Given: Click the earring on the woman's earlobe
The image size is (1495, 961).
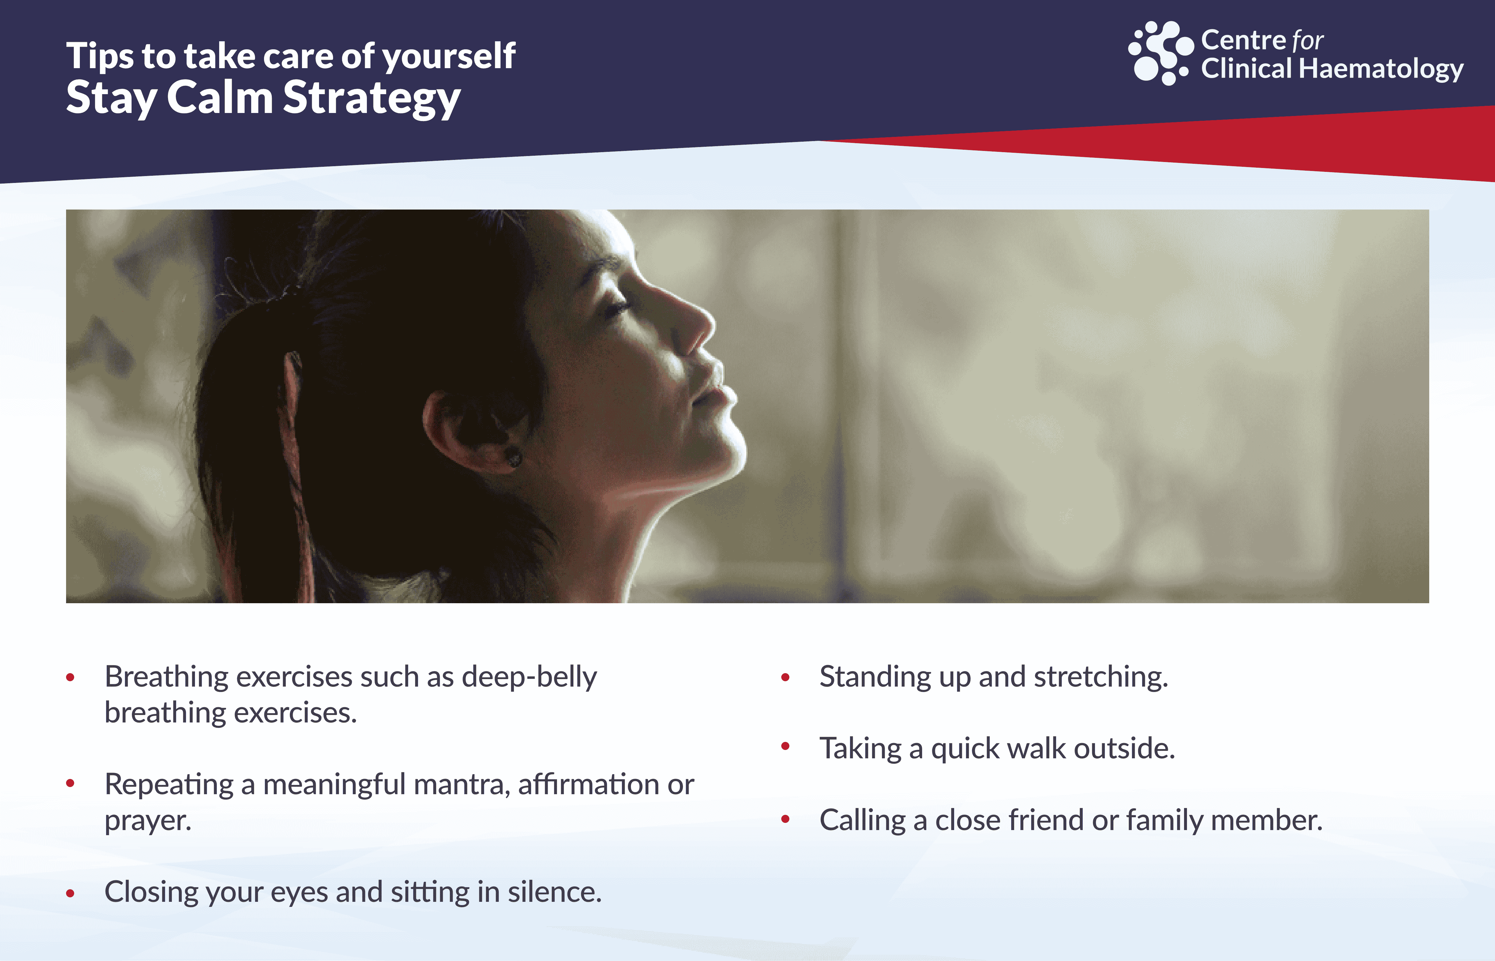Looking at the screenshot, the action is coord(513,457).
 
